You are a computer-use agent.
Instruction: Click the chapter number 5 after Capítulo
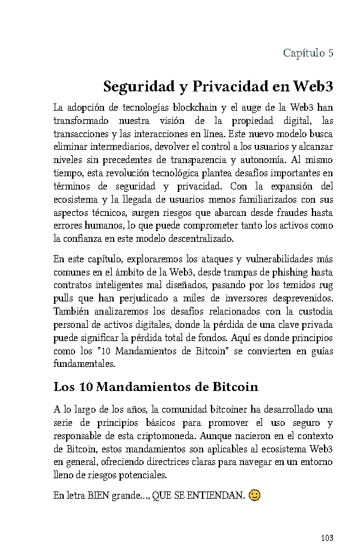pyautogui.click(x=331, y=53)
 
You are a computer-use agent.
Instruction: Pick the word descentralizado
pyautogui.click(x=201, y=239)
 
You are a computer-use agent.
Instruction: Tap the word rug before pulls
pyautogui.click(x=325, y=286)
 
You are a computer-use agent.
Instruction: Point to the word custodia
pyautogui.click(x=313, y=312)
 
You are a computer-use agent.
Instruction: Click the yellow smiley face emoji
pyautogui.click(x=255, y=496)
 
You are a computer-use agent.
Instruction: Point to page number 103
pyautogui.click(x=326, y=538)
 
